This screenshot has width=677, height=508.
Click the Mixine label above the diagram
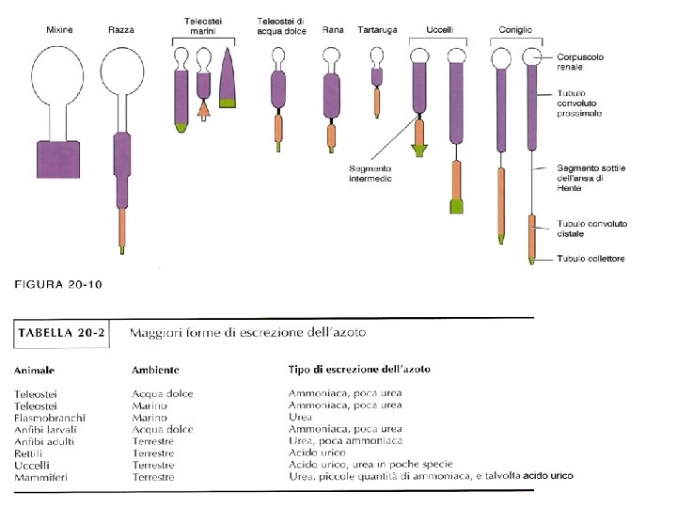click(x=59, y=30)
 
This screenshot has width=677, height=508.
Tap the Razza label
click(x=120, y=30)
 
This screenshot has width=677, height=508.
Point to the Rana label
click(x=332, y=30)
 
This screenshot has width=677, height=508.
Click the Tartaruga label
click(x=378, y=30)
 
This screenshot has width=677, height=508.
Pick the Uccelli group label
click(x=439, y=30)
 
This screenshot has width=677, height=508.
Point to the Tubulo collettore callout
click(x=590, y=258)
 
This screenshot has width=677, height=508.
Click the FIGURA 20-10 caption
click(x=56, y=283)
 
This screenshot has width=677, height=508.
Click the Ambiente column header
click(x=155, y=370)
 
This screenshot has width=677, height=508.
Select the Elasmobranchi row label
click(x=50, y=417)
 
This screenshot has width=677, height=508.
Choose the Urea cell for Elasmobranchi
click(x=300, y=417)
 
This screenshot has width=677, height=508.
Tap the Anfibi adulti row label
click(x=44, y=441)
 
